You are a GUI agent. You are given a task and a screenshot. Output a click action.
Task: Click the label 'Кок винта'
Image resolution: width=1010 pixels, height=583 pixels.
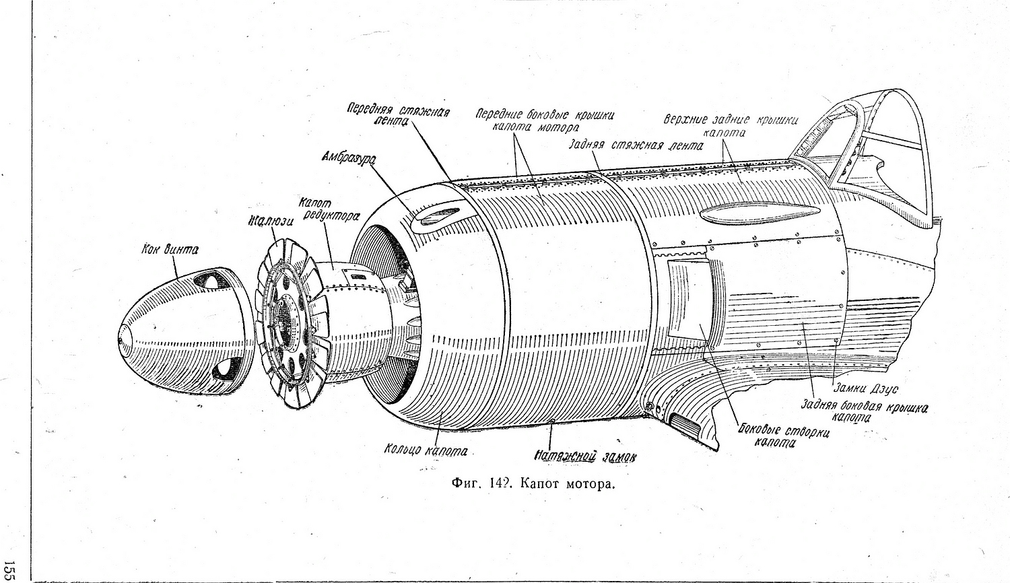point(170,250)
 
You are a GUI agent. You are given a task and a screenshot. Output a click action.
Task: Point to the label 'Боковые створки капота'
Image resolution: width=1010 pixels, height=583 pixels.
point(784,436)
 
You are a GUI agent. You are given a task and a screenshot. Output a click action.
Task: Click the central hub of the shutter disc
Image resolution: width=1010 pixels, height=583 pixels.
point(290,316)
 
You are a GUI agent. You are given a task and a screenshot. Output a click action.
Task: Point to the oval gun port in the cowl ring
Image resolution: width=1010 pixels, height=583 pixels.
point(436,215)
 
